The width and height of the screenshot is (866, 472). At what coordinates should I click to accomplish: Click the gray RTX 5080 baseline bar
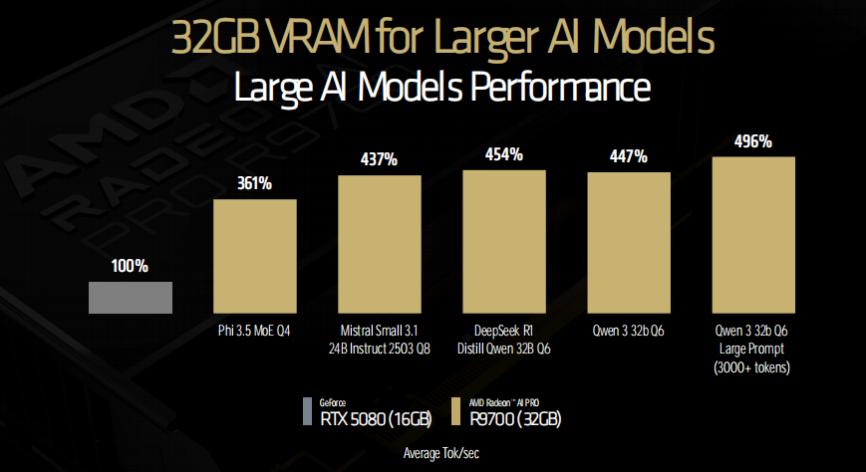pyautogui.click(x=131, y=298)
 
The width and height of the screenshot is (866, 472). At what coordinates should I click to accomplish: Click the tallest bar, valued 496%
pyautogui.click(x=753, y=236)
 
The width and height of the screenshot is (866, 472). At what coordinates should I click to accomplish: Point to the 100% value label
pyautogui.click(x=131, y=266)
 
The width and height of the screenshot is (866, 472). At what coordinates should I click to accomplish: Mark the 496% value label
pyautogui.click(x=753, y=141)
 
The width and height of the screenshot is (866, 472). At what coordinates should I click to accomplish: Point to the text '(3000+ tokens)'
pyautogui.click(x=753, y=365)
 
